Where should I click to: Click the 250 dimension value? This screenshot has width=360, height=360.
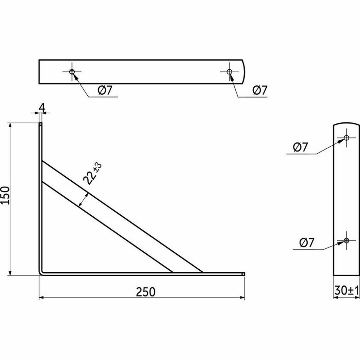click(x=146, y=292)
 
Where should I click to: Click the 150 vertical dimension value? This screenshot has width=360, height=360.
click(x=5, y=195)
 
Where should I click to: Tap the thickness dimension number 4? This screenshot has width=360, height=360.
click(x=42, y=108)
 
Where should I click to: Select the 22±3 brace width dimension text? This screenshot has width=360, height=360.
click(x=92, y=173)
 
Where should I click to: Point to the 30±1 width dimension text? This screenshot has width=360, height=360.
click(x=347, y=290)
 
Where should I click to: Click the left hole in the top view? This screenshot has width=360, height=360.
click(x=72, y=72)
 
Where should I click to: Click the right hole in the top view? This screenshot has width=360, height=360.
click(x=229, y=72)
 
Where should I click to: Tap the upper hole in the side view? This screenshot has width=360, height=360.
click(x=347, y=138)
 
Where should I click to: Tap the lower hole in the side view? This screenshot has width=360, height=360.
click(x=347, y=241)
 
